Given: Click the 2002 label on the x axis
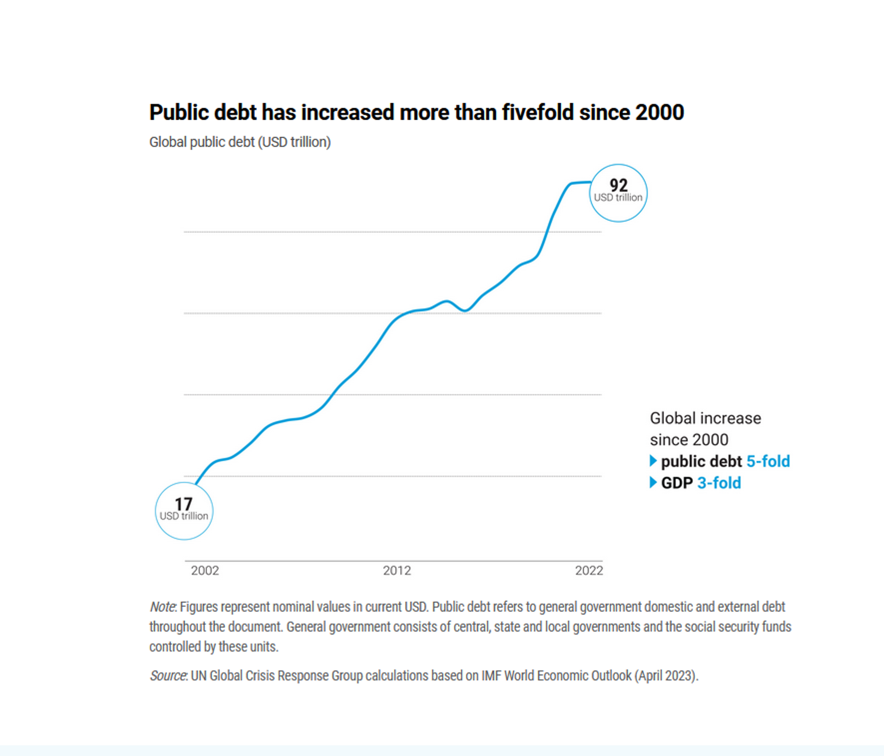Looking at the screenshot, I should [x=205, y=570].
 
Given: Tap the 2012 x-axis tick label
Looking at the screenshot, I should [x=397, y=570].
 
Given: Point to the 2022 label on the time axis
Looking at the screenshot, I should [x=589, y=570].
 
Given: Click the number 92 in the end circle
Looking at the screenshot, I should [x=618, y=185].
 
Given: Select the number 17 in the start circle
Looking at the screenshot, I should [x=183, y=504].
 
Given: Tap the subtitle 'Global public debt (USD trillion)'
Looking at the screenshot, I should [x=240, y=142].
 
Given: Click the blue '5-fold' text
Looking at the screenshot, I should [x=768, y=461].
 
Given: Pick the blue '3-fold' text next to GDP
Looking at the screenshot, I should [x=719, y=483].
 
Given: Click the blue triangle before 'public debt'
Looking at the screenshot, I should [x=653, y=461].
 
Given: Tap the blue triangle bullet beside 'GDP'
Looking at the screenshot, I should [x=653, y=483].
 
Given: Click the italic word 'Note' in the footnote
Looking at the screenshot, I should [x=162, y=607].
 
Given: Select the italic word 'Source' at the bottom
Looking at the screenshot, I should [x=168, y=675].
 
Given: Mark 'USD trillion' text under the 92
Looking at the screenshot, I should [x=618, y=198].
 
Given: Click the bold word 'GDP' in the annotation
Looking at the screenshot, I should [x=677, y=483].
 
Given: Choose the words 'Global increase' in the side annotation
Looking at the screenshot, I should [x=705, y=418].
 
